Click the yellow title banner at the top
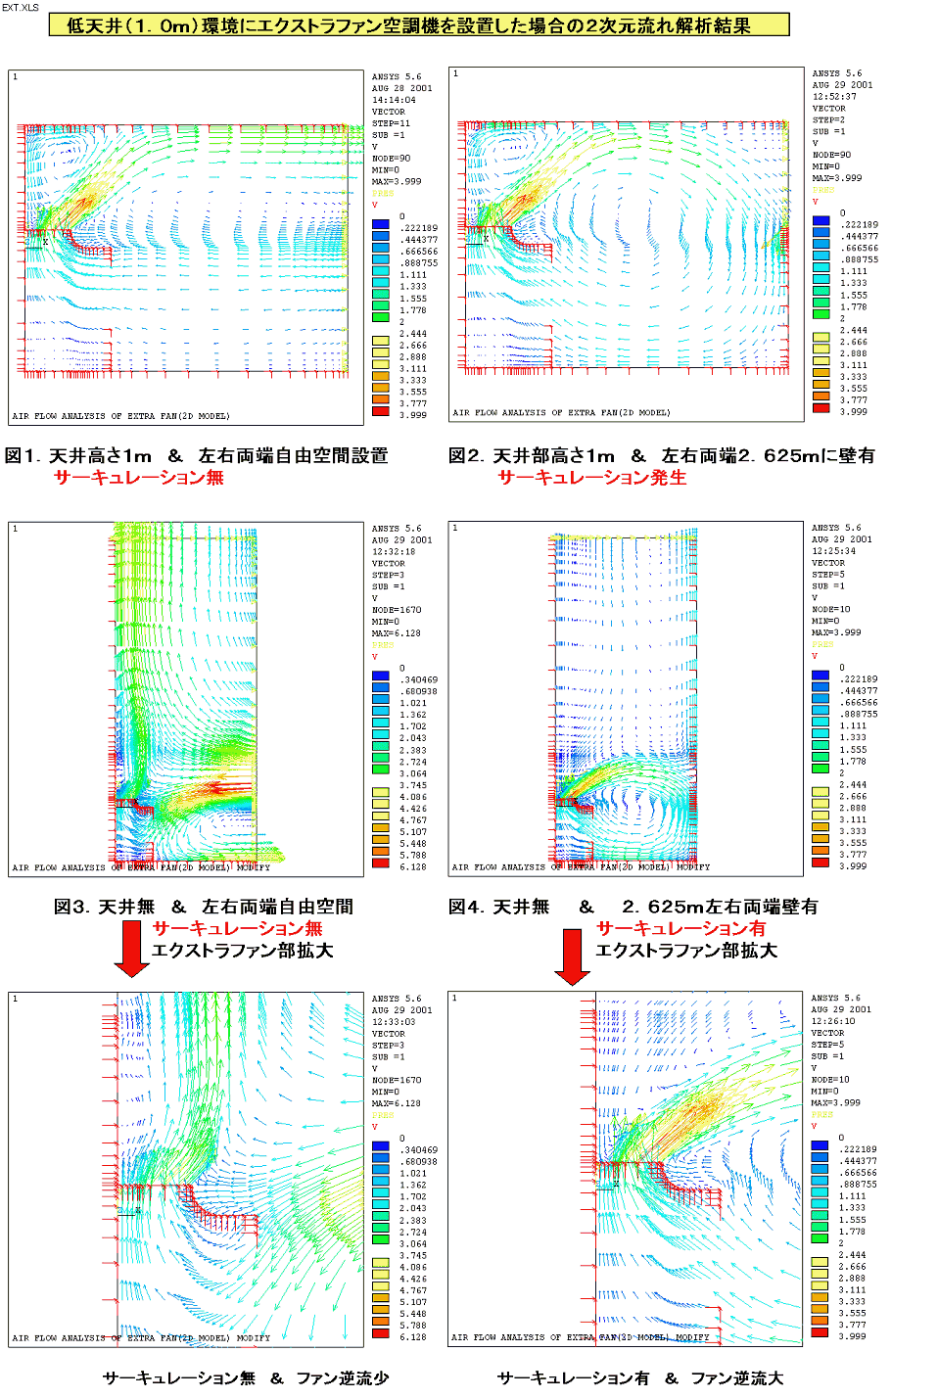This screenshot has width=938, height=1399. tap(418, 25)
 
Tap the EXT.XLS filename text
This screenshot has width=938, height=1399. tap(20, 7)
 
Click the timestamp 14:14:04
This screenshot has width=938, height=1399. tap(394, 100)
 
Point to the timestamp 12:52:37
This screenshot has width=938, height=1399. tap(834, 97)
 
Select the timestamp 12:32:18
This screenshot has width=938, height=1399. tap(394, 552)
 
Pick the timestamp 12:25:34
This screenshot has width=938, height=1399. tap(833, 551)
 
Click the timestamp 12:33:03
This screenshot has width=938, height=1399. tap(394, 1022)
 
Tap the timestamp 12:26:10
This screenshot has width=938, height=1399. tap(833, 1021)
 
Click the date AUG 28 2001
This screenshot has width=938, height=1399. tap(401, 88)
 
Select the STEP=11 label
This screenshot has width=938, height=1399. tap(391, 123)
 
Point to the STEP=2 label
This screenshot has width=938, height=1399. tap(828, 119)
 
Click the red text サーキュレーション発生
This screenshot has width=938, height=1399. tap(592, 478)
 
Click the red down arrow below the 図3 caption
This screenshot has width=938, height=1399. tap(131, 949)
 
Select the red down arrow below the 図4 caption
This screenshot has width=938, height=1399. tap(572, 956)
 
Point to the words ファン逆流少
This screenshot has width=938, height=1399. tap(343, 1378)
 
